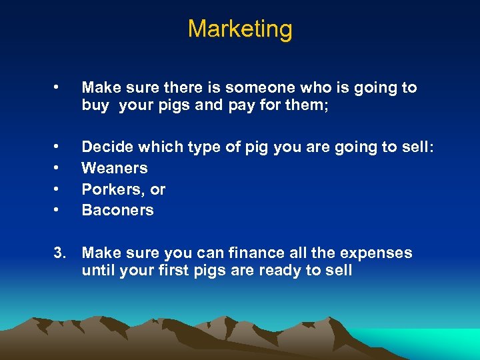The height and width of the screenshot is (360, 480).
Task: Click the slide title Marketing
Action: point(240,29)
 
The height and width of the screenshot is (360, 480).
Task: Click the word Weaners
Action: point(115,168)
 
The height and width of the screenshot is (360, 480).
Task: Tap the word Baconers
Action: point(118,210)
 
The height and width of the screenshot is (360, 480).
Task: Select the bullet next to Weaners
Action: point(59,168)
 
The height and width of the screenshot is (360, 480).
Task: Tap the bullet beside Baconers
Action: point(59,210)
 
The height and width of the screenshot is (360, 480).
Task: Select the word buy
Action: point(95,105)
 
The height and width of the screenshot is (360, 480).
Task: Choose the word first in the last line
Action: point(177,271)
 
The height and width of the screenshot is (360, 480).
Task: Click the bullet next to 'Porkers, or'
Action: point(59,189)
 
